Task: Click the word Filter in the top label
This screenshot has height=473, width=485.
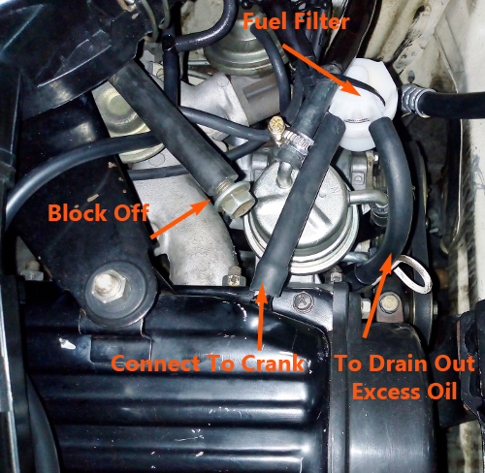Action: tap(322, 21)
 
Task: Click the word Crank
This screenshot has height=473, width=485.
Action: tap(274, 363)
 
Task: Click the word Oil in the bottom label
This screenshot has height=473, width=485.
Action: tap(441, 392)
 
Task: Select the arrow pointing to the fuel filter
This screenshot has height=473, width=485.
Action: tap(322, 70)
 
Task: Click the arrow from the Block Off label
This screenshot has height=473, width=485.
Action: tap(181, 219)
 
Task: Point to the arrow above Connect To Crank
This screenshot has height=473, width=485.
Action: tap(261, 318)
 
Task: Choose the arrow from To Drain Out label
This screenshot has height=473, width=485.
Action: tap(378, 296)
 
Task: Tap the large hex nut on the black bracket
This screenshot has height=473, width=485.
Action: tap(109, 287)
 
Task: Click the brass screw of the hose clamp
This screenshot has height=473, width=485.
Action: tap(277, 129)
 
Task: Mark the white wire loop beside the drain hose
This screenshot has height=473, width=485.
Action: tap(415, 274)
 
